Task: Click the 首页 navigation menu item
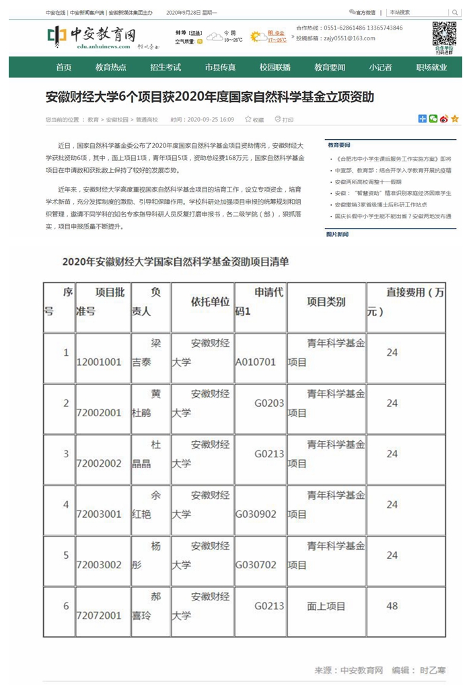(x=64, y=67)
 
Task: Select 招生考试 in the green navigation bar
(x=166, y=67)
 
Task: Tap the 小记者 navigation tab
(x=380, y=67)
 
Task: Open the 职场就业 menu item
(x=431, y=67)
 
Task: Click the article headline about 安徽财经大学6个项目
(x=210, y=98)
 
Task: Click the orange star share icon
(x=455, y=119)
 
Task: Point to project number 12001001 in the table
(x=99, y=362)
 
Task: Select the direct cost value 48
(x=392, y=606)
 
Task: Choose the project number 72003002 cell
(x=99, y=565)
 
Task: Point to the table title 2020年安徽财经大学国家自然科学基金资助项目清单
(x=176, y=262)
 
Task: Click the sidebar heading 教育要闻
(x=339, y=145)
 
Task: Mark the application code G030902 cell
(x=256, y=514)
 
